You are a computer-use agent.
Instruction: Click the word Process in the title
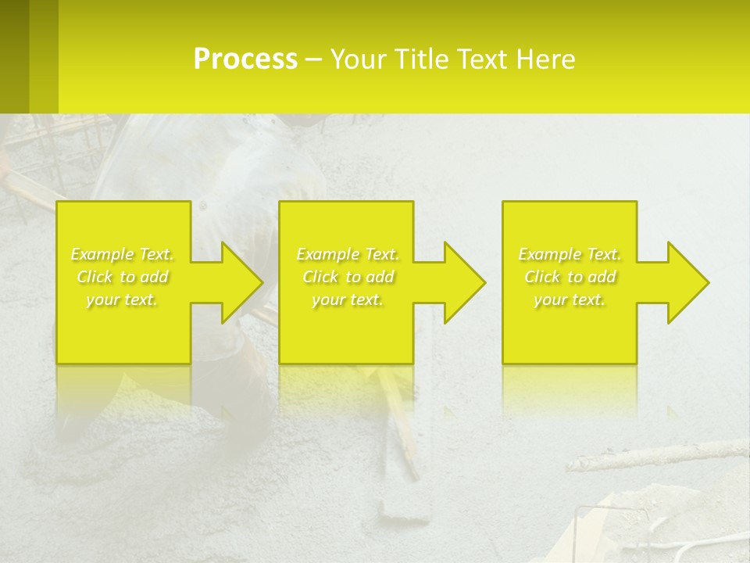pos(245,59)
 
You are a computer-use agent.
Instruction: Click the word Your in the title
pos(357,59)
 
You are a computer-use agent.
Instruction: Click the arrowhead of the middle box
pos(464,282)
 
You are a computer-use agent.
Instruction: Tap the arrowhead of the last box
pos(687,282)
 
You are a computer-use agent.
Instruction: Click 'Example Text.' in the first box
pos(122,254)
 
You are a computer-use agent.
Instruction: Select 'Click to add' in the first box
pos(122,277)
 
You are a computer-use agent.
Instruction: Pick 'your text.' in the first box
pos(122,299)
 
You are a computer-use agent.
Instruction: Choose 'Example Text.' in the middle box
pos(348,254)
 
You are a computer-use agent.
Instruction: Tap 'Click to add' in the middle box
pos(348,277)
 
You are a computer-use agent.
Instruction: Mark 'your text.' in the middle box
pos(348,299)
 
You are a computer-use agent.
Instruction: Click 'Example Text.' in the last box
pos(570,254)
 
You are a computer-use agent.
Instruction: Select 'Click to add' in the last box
pos(570,277)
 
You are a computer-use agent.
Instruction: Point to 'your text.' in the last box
pos(570,299)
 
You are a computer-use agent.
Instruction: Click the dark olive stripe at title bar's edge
pos(14,56)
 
